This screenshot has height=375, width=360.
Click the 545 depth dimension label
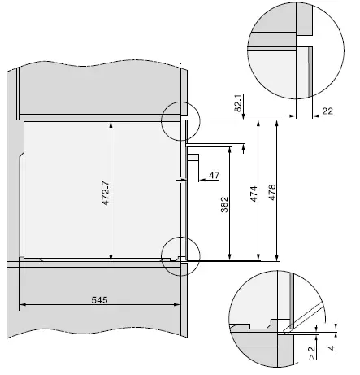(x=99, y=299)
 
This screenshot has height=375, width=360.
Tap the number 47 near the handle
(x=214, y=175)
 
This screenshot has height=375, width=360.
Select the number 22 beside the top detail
(x=327, y=111)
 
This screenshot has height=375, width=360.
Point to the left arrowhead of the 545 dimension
(x=22, y=306)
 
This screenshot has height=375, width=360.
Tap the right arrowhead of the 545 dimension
(x=181, y=306)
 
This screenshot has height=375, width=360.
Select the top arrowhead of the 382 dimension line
(x=232, y=150)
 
